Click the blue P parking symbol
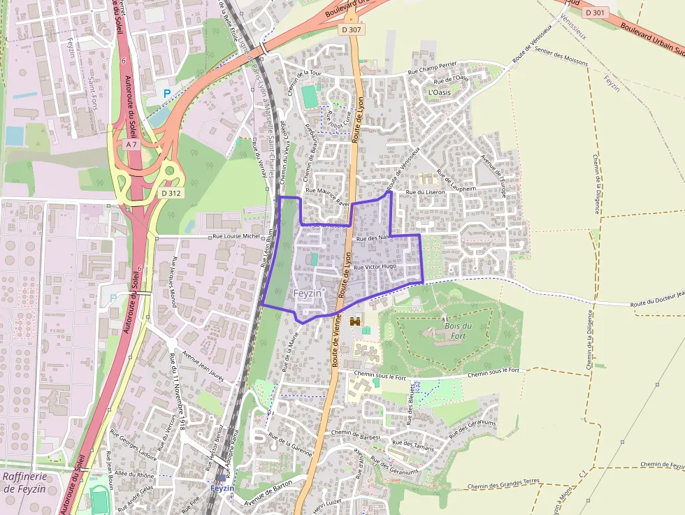[x=166, y=93]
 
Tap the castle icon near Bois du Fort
[x=354, y=322]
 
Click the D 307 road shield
[x=352, y=30]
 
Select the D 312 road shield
[x=171, y=193]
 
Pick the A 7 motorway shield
[x=131, y=144]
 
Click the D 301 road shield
[x=595, y=13]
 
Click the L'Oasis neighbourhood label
[x=439, y=92]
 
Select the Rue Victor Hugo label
[x=375, y=267]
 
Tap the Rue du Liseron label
[x=425, y=191]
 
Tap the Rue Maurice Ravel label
[x=326, y=194]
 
